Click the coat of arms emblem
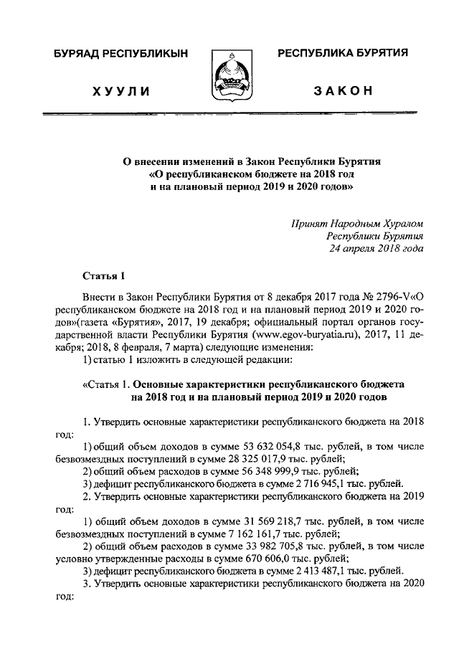point(229,75)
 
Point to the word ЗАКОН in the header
point(343,90)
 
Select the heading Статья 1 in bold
point(104,275)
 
